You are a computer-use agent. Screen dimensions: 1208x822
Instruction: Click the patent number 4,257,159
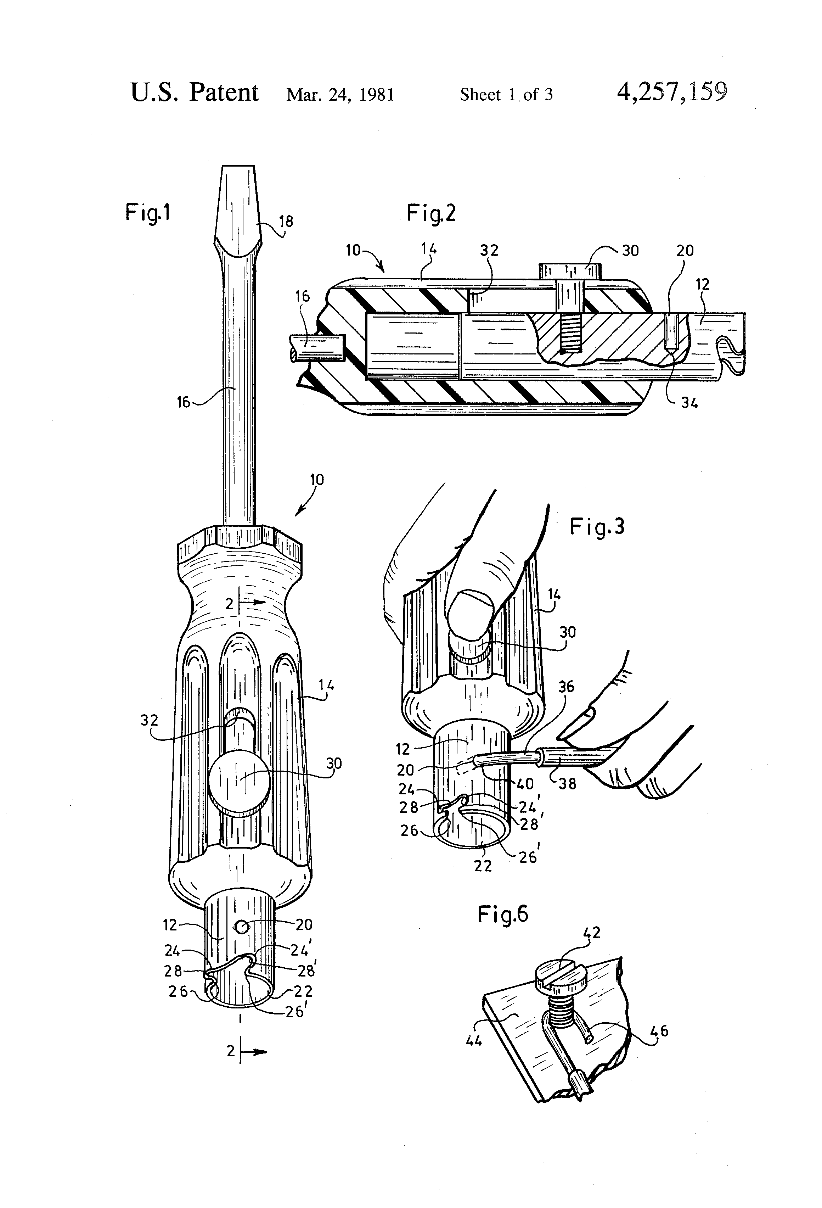[671, 93]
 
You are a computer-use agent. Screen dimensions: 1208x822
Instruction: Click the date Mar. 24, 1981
[340, 95]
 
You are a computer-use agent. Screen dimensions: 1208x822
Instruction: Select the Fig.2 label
[431, 213]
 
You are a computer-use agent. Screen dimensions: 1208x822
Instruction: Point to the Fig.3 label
[597, 527]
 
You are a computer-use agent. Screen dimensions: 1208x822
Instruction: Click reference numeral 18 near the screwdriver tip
[286, 222]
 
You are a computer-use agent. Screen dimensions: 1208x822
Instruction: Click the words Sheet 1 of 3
[506, 95]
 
